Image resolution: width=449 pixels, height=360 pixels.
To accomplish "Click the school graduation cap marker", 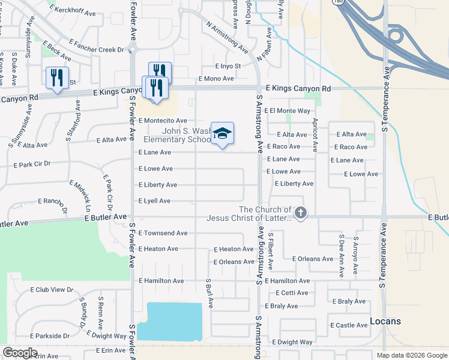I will (222, 134).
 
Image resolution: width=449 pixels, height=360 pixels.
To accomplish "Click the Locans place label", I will (385, 321).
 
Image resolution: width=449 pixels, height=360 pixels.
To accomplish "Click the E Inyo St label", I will (228, 66).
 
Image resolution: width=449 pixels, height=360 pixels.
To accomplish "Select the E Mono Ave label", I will (216, 79).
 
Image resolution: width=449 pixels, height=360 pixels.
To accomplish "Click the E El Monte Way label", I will (291, 110).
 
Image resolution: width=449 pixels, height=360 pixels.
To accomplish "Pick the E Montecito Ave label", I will (163, 121).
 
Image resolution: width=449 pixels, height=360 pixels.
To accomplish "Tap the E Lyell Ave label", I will (155, 201).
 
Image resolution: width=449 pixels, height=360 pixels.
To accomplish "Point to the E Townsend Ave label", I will (163, 233).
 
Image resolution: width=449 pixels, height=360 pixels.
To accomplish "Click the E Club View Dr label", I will (52, 289).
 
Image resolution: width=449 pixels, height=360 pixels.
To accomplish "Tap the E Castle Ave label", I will (349, 325).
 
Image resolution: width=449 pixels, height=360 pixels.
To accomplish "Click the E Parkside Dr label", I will (50, 335).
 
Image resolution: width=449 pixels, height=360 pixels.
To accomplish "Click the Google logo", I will (20, 353).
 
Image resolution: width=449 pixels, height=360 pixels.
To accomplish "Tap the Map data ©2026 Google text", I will (411, 355).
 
